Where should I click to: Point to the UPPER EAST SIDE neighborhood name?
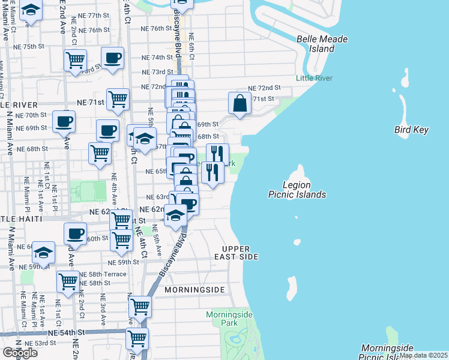240,253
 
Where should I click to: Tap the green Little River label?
314,78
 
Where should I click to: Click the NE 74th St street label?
157,58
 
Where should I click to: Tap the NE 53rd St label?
41,343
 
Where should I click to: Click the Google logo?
20,353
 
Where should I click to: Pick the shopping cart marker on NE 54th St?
137,337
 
